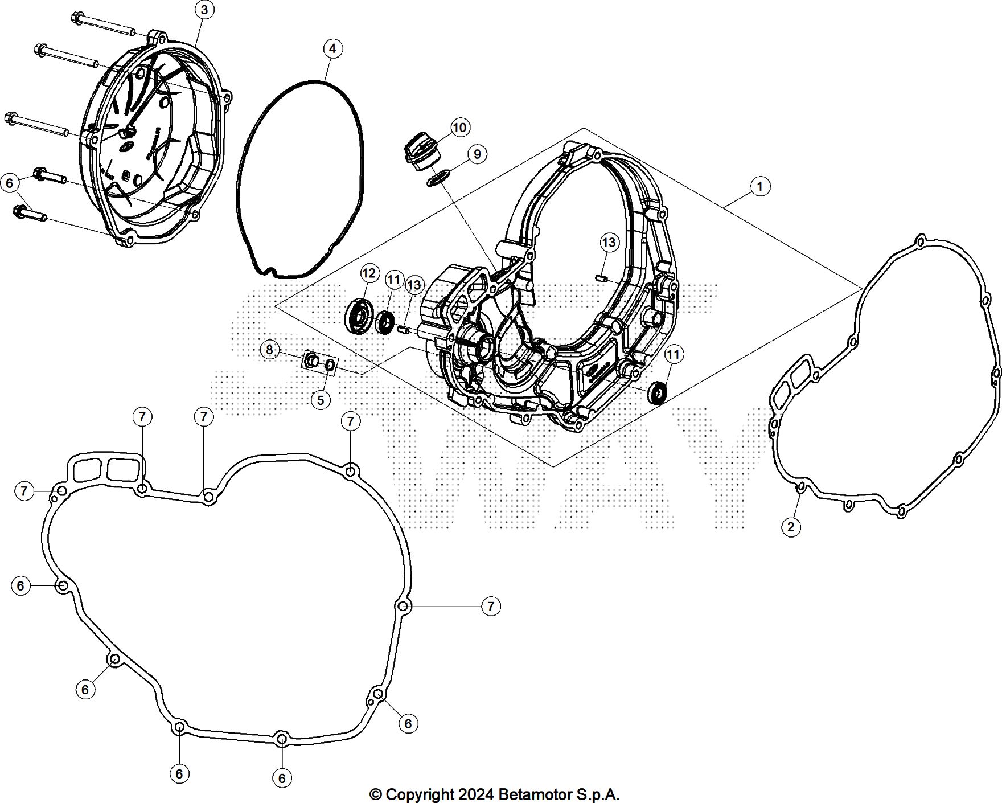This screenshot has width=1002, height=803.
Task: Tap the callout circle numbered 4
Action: click(x=333, y=48)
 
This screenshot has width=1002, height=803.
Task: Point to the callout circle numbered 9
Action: click(x=477, y=154)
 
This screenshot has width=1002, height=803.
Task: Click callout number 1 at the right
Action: click(x=760, y=186)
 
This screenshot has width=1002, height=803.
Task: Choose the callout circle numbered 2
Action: click(x=791, y=527)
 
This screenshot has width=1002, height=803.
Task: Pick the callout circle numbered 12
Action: click(x=369, y=273)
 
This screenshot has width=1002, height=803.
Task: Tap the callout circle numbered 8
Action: click(x=270, y=349)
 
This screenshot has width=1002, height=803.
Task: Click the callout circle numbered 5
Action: click(x=321, y=400)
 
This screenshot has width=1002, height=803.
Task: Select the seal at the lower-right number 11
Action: click(x=659, y=394)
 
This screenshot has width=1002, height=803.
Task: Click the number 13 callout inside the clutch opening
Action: click(x=609, y=243)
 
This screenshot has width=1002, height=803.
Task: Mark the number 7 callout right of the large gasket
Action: click(x=490, y=606)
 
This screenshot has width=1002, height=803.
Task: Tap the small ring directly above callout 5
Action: click(x=330, y=365)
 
